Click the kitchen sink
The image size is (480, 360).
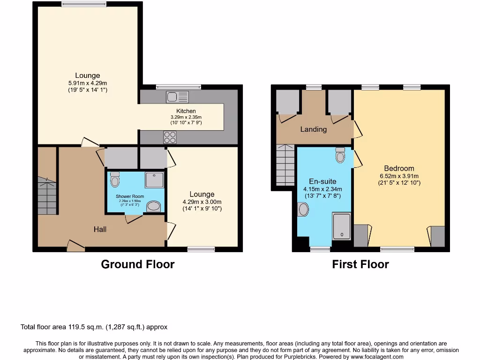(x=177, y=97)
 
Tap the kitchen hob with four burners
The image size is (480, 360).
(x=170, y=137)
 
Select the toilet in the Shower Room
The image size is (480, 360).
(x=115, y=179)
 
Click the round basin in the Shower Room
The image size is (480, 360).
(x=153, y=206)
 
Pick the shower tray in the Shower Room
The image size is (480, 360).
(x=155, y=180)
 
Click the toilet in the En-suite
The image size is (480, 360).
(x=341, y=155)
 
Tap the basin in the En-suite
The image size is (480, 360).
(x=303, y=209)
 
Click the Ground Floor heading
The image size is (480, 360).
(x=137, y=264)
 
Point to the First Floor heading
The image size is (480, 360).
(x=360, y=264)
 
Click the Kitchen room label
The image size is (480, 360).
(x=186, y=111)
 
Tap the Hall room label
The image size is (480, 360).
(x=100, y=229)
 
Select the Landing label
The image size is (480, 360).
(x=313, y=129)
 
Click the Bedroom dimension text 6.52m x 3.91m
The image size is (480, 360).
(x=399, y=176)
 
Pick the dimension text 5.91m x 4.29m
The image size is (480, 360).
(x=88, y=83)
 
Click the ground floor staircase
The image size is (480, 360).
(x=47, y=195)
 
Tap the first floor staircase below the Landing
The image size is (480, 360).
(x=285, y=165)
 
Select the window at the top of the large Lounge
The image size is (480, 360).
(x=83, y=5)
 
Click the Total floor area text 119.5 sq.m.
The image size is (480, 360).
(x=94, y=327)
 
